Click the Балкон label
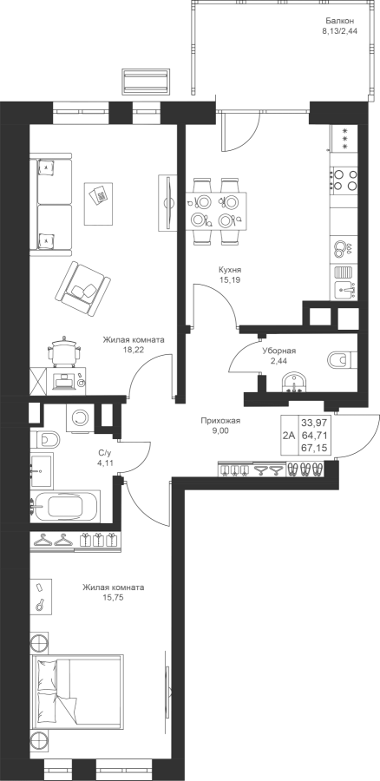[340, 21]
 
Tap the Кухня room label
[226, 270]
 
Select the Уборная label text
[279, 351]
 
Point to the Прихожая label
[220, 421]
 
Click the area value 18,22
[134, 351]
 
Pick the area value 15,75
[114, 597]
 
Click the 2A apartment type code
[288, 436]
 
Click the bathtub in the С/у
[65, 507]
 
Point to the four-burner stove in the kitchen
[344, 180]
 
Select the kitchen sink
[344, 288]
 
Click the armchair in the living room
[82, 288]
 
